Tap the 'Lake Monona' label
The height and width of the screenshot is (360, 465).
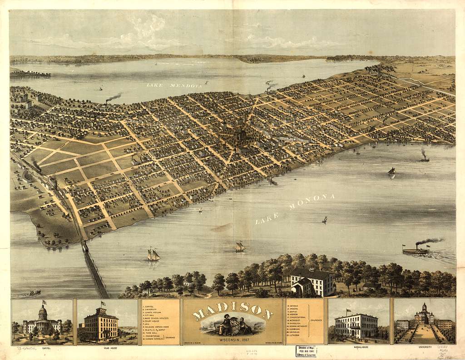tap(295, 208)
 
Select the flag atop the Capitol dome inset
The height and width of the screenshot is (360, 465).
tap(45, 302)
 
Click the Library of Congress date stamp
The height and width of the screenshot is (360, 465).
tap(306, 351)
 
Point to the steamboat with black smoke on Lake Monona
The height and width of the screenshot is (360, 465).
tap(416, 250)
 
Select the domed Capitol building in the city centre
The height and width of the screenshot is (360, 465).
tap(240, 135)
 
